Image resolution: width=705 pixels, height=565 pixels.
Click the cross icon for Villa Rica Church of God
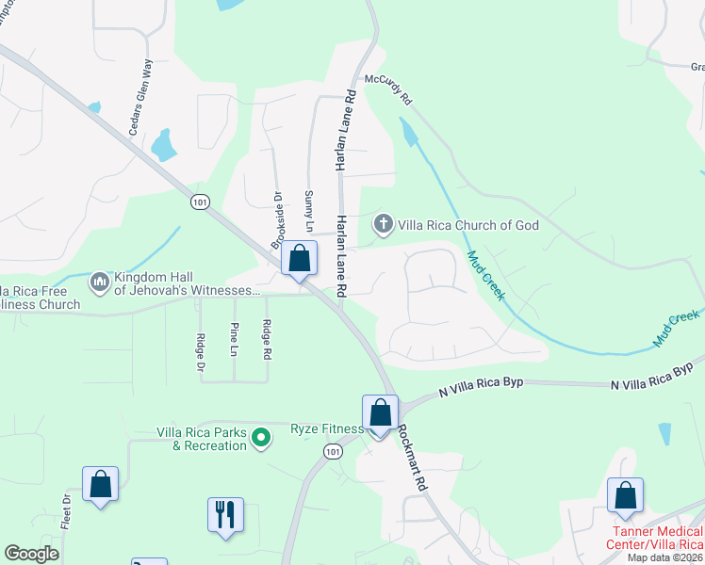pos(383,224)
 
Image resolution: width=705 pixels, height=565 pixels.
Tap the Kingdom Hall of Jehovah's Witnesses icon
pos(100,282)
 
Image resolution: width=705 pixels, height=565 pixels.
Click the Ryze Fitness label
pos(327,429)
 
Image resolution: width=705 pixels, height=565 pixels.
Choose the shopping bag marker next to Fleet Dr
pos(100,485)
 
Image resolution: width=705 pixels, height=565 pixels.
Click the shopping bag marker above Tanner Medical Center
pos(625,495)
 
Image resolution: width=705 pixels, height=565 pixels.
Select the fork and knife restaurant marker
pos(225,515)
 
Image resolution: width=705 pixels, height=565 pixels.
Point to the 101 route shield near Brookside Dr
pos(199,202)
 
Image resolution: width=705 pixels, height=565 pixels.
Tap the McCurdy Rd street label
pos(389,91)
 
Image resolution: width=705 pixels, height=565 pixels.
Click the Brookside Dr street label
pos(277,221)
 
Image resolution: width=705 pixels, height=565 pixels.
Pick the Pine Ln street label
pos(235,339)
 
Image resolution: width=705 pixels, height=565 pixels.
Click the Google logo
pos(31,554)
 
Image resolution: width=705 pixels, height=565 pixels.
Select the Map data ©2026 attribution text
pos(664,557)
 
